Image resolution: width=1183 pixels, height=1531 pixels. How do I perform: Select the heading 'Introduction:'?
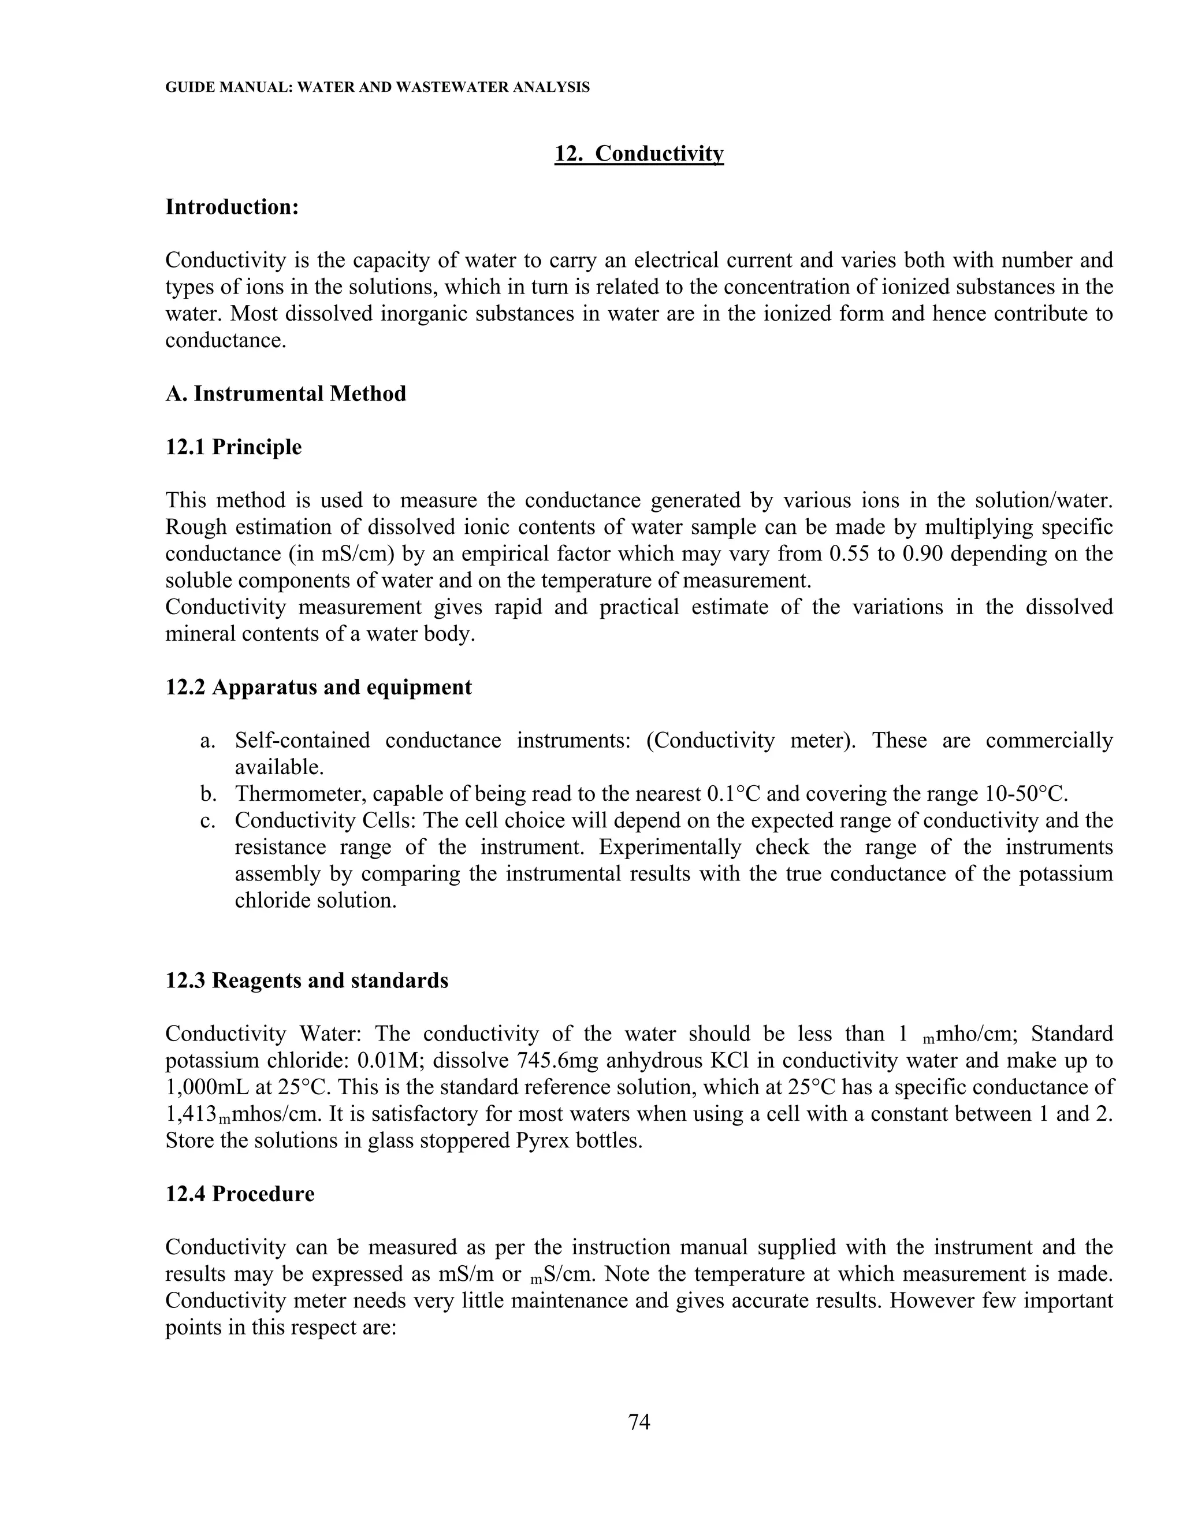pos(232,207)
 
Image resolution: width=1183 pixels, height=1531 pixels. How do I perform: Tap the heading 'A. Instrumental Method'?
pos(285,394)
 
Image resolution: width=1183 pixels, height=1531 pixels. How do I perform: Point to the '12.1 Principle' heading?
pos(233,447)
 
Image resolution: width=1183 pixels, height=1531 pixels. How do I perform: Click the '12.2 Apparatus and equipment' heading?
pos(318,687)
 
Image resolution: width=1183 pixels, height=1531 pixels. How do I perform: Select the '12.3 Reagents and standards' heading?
pos(306,980)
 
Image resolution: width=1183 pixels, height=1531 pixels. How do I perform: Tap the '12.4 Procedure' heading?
pos(240,1194)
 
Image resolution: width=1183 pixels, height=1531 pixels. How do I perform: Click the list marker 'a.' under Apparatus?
pos(207,741)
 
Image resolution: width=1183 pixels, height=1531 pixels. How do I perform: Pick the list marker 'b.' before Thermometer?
pos(207,794)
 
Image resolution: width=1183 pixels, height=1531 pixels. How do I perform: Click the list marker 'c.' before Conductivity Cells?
pos(207,821)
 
